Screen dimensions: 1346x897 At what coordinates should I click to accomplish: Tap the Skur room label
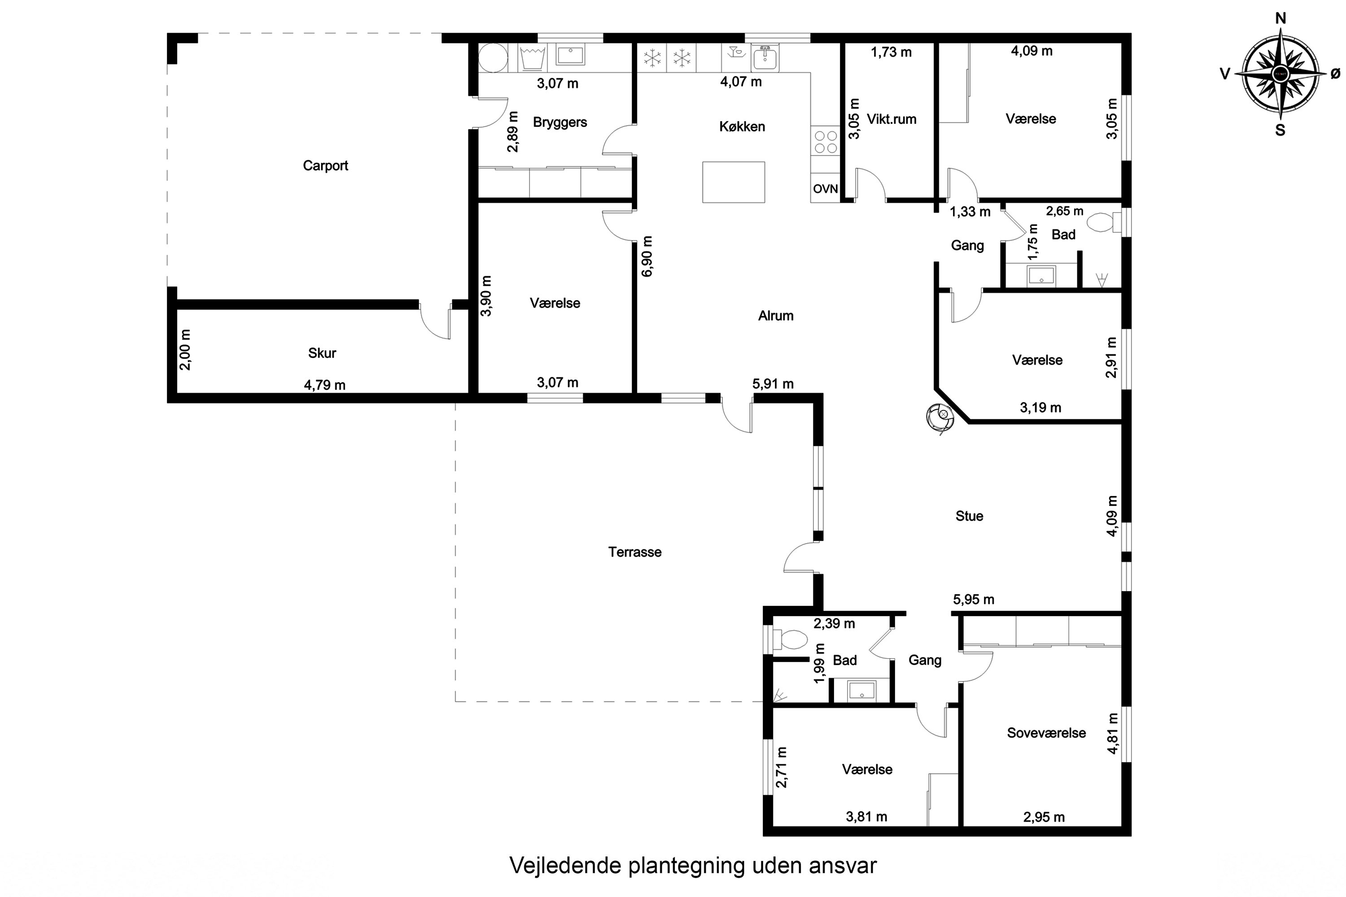(x=322, y=353)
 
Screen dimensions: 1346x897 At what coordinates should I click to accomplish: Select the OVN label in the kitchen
(x=825, y=189)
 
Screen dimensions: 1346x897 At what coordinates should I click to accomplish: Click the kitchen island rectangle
(x=734, y=182)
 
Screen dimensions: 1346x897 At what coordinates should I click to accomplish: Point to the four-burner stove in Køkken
(x=825, y=142)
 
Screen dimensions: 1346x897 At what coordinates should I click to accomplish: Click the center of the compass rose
(x=1280, y=73)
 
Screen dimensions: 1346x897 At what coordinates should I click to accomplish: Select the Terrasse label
(x=635, y=552)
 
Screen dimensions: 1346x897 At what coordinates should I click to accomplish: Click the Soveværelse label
(x=1046, y=733)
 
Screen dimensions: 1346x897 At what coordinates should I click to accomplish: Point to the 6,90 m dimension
(x=647, y=256)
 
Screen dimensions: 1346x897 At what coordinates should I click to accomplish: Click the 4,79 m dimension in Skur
(x=324, y=385)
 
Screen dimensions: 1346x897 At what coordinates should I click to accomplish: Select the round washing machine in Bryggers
(x=493, y=58)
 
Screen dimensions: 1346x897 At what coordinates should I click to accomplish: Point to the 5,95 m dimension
(x=974, y=600)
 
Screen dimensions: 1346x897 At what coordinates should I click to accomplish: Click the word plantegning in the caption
(x=687, y=866)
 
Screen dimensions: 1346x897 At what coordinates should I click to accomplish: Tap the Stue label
(x=970, y=516)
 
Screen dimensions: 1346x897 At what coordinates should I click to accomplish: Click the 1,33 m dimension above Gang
(x=970, y=212)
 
